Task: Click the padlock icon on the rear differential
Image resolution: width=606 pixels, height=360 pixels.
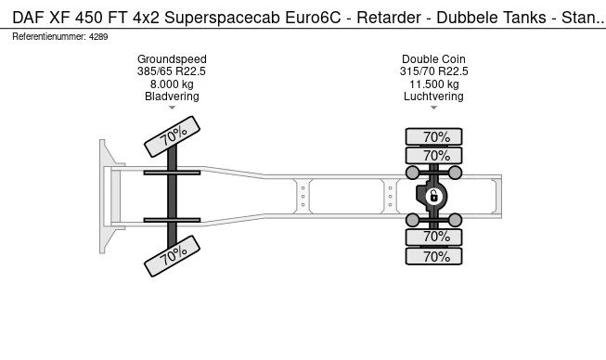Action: [433, 196]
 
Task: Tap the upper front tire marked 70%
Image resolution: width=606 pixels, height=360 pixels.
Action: [172, 136]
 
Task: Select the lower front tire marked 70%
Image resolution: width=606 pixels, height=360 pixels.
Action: [172, 256]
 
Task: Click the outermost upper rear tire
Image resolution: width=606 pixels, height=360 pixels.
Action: [433, 136]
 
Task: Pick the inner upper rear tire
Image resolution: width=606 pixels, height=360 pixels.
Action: [433, 155]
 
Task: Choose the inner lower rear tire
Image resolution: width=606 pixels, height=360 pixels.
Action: [433, 237]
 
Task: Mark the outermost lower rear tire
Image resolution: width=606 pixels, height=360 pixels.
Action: [433, 256]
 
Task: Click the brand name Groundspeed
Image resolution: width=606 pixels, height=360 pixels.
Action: [172, 59]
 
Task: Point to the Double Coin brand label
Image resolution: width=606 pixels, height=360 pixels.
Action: [433, 59]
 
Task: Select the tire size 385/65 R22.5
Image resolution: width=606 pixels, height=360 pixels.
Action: [172, 71]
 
